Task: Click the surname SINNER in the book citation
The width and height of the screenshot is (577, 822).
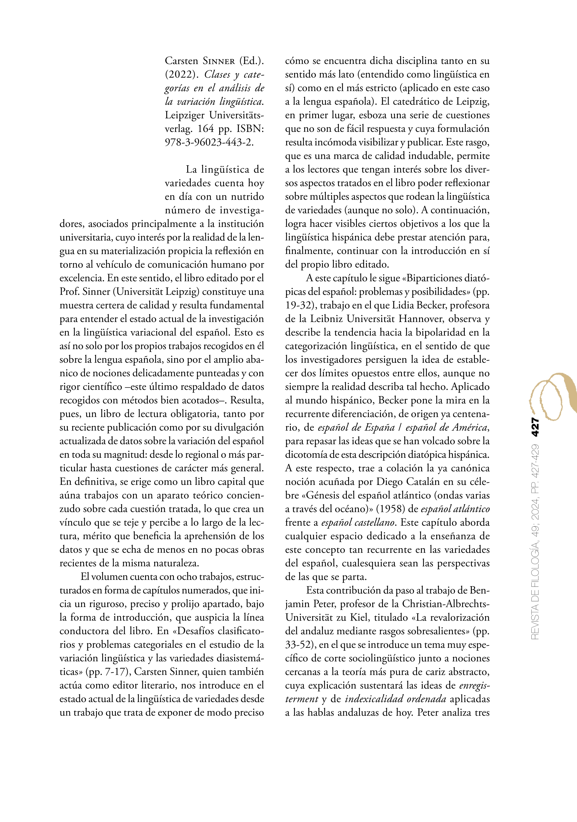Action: (x=219, y=61)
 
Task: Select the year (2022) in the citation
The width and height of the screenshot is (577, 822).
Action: (x=182, y=74)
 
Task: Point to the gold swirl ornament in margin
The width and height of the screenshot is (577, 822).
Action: (x=553, y=396)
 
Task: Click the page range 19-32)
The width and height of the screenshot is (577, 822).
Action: (x=300, y=305)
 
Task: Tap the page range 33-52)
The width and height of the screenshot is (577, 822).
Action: (x=300, y=645)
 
